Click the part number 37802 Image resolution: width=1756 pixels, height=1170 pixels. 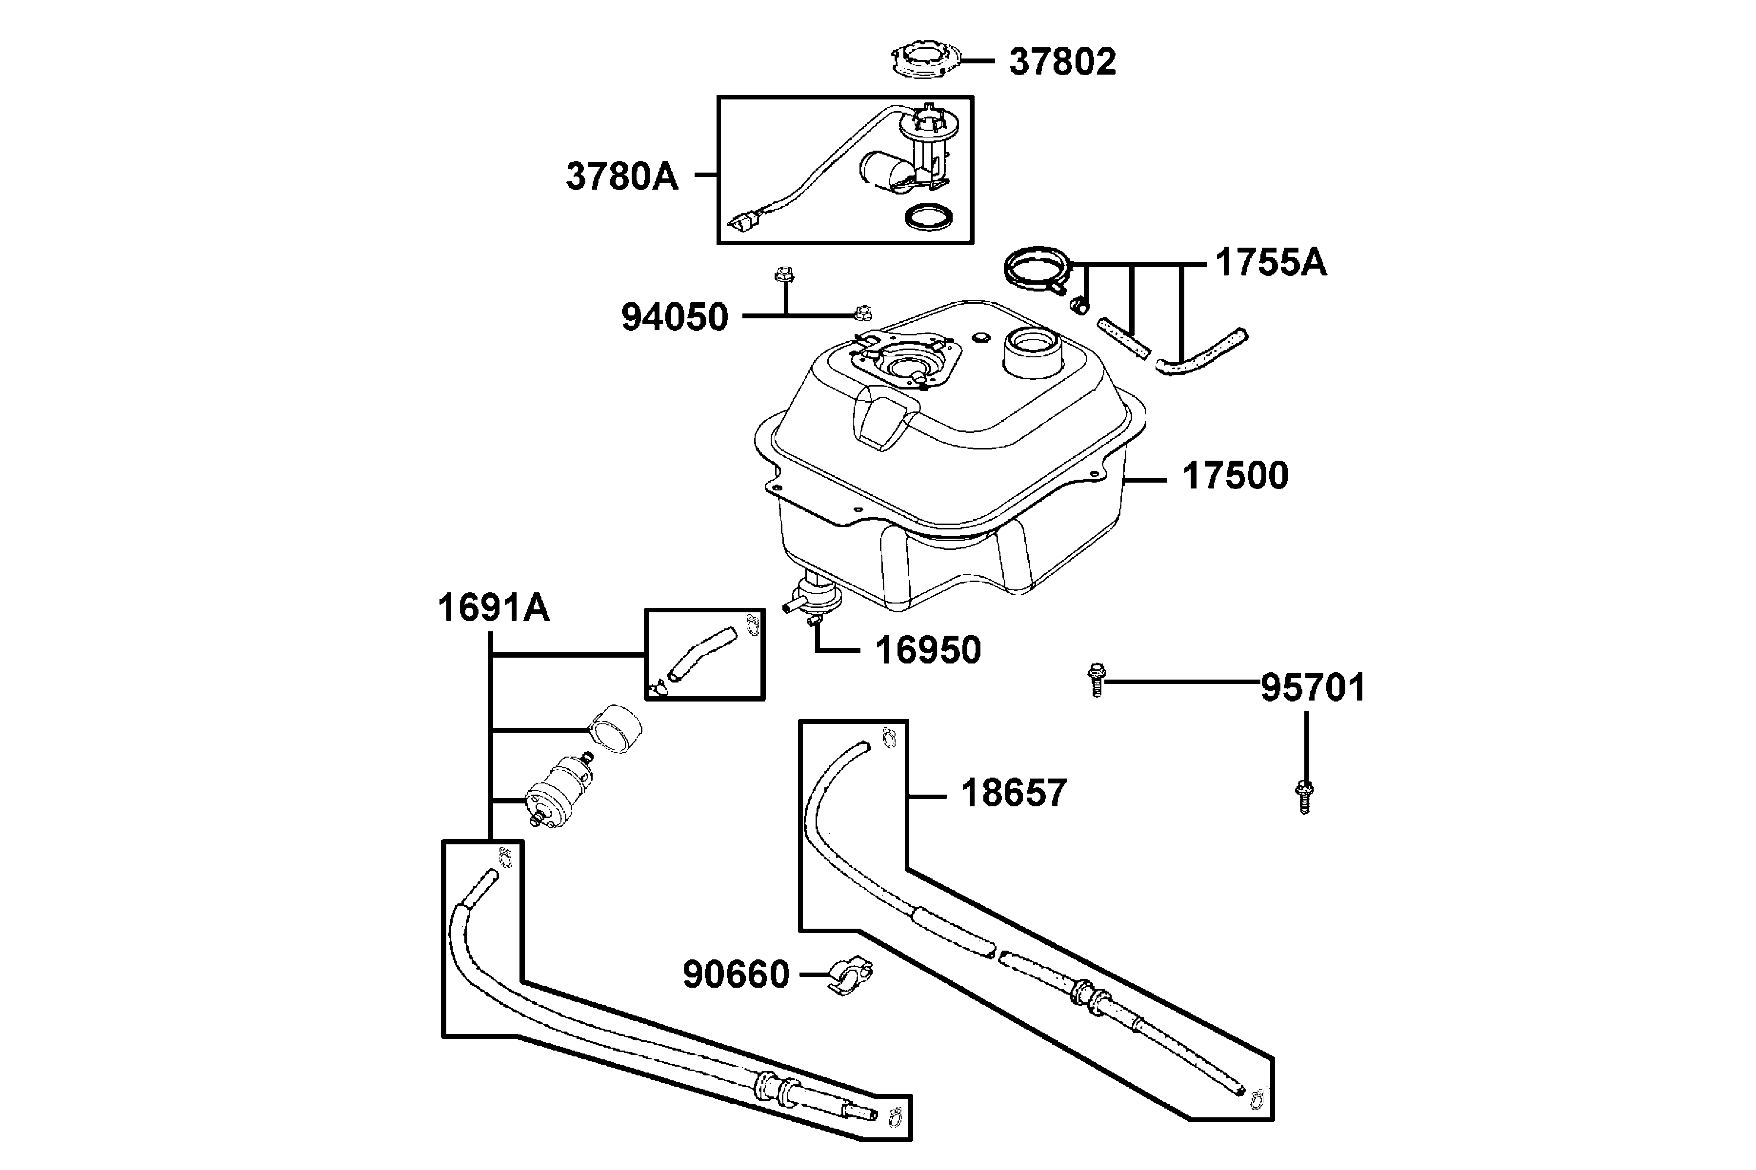click(x=1062, y=62)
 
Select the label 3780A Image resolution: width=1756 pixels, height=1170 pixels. click(x=622, y=177)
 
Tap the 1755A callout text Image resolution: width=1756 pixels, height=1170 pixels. click(x=1271, y=263)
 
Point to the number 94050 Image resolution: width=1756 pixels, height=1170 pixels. click(x=674, y=317)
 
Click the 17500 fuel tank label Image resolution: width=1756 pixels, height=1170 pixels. click(x=1236, y=476)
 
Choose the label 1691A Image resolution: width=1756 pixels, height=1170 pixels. click(x=494, y=608)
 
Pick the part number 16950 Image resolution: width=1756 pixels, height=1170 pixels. click(x=927, y=650)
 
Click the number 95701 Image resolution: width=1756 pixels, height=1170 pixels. click(x=1313, y=688)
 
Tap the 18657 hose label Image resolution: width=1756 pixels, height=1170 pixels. click(x=1013, y=793)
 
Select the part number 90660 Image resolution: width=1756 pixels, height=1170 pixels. click(x=736, y=975)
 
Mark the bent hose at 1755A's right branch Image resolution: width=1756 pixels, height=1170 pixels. click(x=1201, y=352)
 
